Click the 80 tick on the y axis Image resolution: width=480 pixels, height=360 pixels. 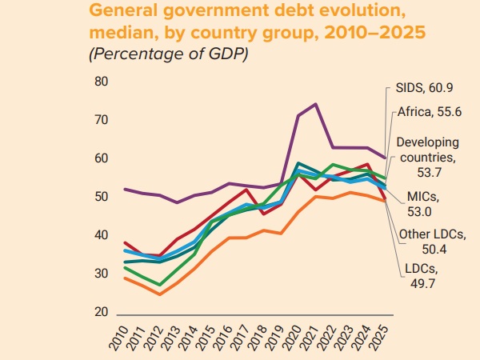tap(101, 82)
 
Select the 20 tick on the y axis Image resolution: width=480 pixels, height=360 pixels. tap(101, 312)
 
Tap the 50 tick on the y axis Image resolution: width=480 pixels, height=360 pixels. tap(101, 197)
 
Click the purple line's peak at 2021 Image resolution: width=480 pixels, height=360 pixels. tap(315, 104)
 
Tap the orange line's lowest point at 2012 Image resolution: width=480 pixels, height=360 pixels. tap(160, 294)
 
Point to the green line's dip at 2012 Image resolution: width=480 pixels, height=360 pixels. tap(160, 285)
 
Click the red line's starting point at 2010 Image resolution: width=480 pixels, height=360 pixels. tap(125, 242)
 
